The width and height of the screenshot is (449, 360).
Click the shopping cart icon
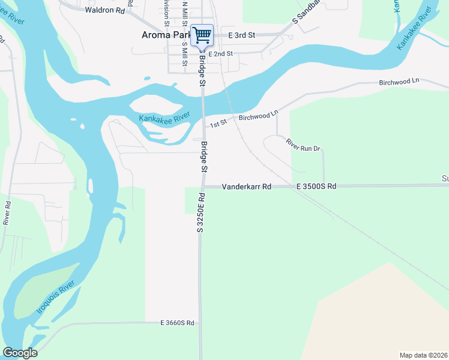point(202,35)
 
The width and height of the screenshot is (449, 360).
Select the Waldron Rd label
point(105,10)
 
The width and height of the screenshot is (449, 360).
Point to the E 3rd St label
point(243,35)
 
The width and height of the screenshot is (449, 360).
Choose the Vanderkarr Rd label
point(247,187)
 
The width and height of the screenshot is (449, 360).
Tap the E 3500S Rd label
point(316,187)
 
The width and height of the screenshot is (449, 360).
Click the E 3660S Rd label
point(178,323)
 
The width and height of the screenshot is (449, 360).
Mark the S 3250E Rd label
point(200,212)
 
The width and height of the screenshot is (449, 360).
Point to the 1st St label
point(218,123)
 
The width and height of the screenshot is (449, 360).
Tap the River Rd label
point(8,212)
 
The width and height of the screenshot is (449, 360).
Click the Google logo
point(20,353)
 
